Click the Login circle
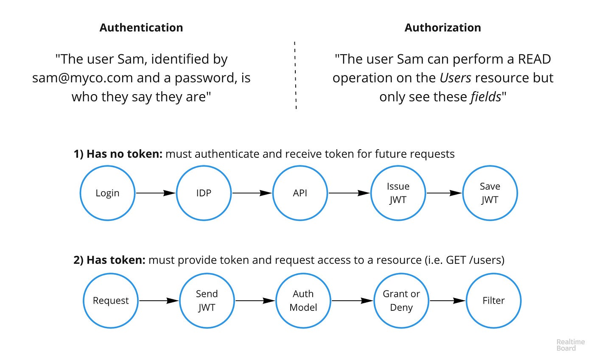pos(107,193)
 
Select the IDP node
pos(204,193)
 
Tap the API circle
pos(300,193)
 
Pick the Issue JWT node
pos(398,193)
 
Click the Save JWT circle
pos(490,193)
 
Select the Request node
pos(111,301)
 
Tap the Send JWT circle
pos(207,301)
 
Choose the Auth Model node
pos(303,301)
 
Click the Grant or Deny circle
pos(401,301)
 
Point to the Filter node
pos(493,301)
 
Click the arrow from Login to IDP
pos(155,193)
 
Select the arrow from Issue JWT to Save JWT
pos(444,193)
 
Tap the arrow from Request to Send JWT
pos(159,301)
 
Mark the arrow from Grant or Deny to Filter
pos(447,301)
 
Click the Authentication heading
pos(141,28)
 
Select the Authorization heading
pos(443,28)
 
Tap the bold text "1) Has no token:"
pos(118,154)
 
